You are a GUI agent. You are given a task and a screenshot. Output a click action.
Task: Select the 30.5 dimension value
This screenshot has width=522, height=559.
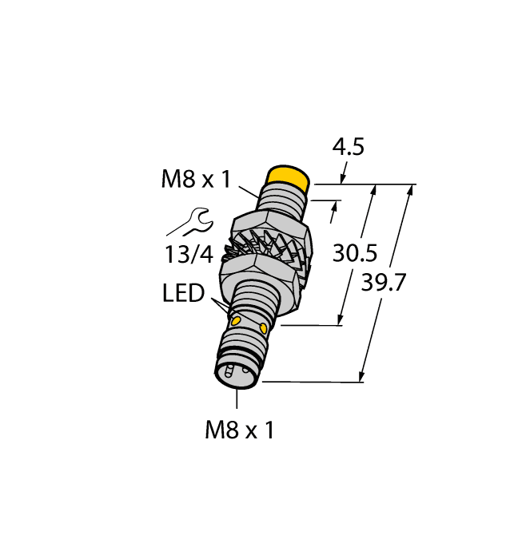355,253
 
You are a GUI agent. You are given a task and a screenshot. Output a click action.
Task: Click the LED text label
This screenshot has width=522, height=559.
183,293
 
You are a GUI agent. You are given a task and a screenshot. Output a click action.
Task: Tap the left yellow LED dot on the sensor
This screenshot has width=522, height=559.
237,319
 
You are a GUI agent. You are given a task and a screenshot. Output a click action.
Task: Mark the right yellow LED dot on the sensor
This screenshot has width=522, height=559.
265,328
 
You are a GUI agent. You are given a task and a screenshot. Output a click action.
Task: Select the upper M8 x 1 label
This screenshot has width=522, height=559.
196,180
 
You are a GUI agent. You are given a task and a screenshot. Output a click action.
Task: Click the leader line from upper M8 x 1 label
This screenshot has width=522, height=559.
248,191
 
